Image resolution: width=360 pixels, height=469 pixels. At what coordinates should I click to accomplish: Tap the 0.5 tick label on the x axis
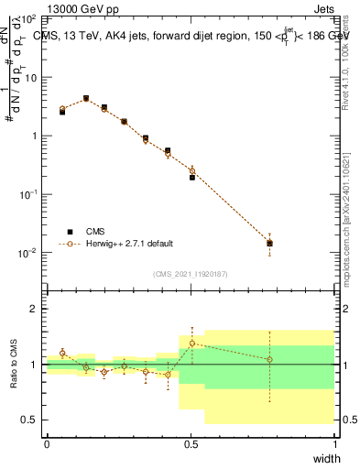pyautogui.click(x=191, y=443)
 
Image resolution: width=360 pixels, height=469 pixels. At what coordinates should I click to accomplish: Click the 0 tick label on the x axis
pyautogui.click(x=47, y=443)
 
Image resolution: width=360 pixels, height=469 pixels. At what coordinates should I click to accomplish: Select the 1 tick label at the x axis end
pyautogui.click(x=334, y=443)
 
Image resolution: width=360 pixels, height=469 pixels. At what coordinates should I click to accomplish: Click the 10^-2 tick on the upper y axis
pyautogui.click(x=27, y=253)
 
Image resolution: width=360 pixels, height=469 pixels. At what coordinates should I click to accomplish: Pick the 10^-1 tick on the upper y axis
pyautogui.click(x=27, y=194)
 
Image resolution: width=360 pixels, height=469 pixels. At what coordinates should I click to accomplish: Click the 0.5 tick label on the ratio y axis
pyautogui.click(x=31, y=420)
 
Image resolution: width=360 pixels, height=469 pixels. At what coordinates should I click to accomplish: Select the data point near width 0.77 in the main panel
pyautogui.click(x=269, y=243)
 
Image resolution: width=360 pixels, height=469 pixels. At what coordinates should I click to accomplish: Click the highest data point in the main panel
pyautogui.click(x=86, y=98)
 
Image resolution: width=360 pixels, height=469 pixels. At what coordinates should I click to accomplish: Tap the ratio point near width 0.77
pyautogui.click(x=269, y=359)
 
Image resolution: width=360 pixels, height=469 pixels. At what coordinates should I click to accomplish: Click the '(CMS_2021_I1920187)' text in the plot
pyautogui.click(x=191, y=273)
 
